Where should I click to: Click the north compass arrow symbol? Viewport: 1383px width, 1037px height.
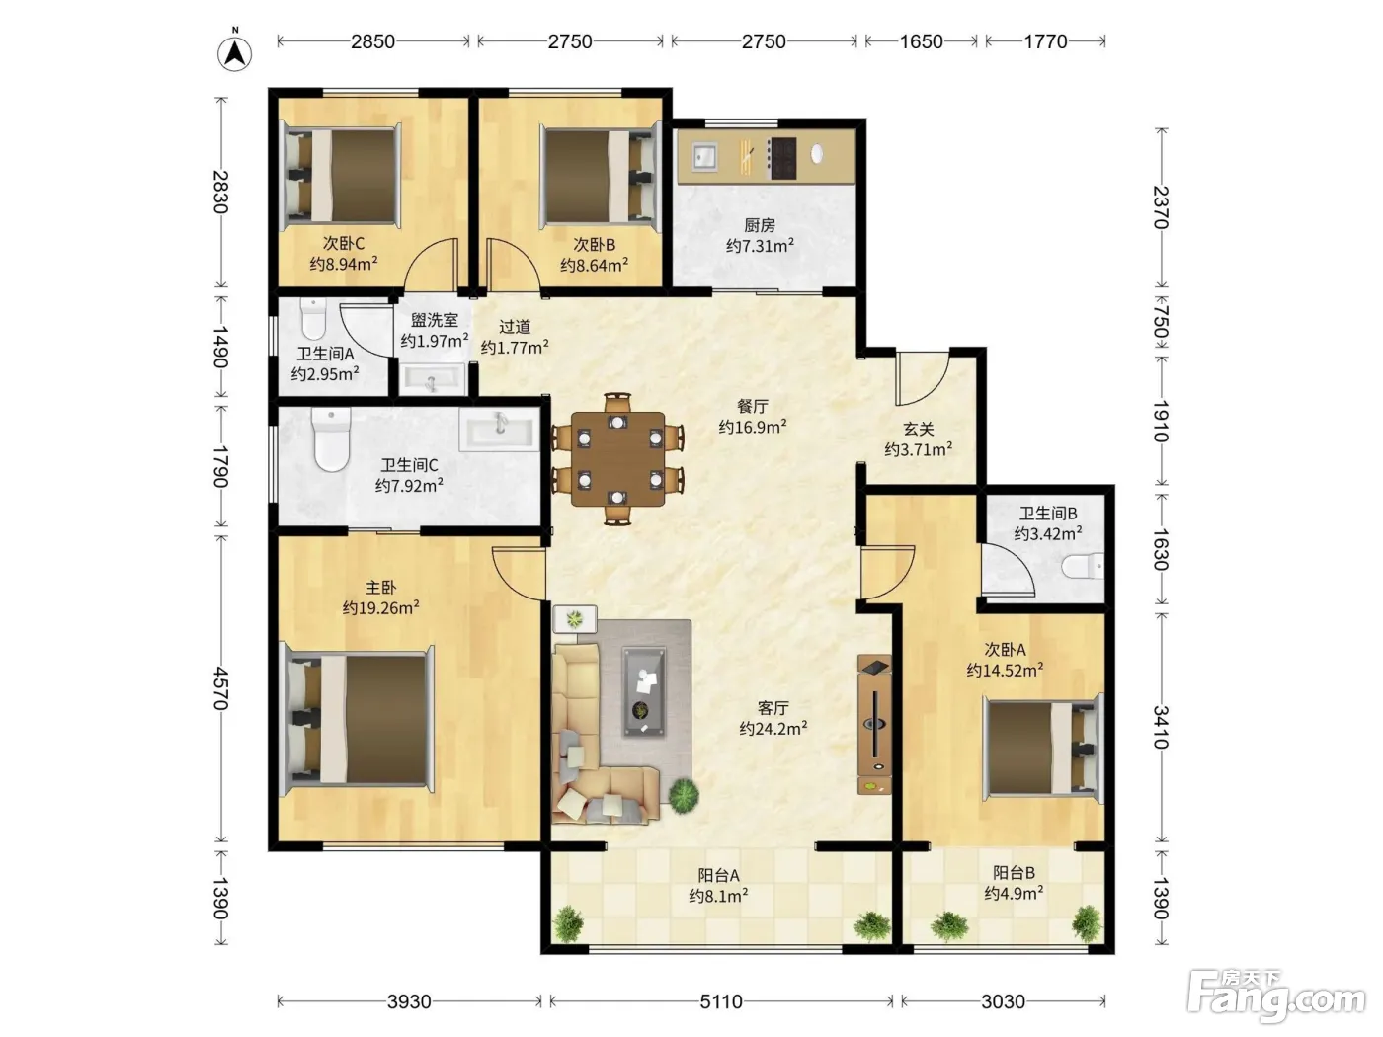coord(234,53)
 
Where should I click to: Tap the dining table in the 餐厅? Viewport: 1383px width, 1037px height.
coord(618,458)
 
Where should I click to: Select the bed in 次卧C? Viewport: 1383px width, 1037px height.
coord(341,177)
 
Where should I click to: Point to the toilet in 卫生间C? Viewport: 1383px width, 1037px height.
coord(331,439)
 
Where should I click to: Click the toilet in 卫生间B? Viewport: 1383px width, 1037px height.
coord(1083,566)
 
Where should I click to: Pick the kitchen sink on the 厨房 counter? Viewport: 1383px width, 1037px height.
coord(704,156)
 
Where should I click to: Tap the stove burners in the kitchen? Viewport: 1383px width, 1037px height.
coord(781,157)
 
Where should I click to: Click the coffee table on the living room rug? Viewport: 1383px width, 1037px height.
coord(643,691)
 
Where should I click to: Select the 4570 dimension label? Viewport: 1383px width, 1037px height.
coord(220,688)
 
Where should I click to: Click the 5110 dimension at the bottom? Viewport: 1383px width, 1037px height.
coord(721,1001)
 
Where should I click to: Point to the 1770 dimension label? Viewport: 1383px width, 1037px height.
coord(1045,41)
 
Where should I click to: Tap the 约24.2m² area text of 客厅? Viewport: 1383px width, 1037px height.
coord(773,729)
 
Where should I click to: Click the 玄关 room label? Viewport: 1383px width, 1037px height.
coord(918,429)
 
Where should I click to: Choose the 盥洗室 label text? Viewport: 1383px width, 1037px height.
coord(434,320)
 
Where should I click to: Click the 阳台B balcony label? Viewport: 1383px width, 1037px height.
coord(1014,873)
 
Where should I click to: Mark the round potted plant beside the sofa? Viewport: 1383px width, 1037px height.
coord(683,795)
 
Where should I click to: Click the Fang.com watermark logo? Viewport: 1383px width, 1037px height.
coord(1275,996)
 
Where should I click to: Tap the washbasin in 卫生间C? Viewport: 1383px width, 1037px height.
coord(500,430)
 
